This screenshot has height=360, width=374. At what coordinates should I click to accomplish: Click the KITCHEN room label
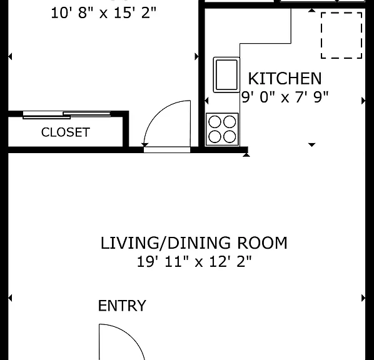(x=285, y=78)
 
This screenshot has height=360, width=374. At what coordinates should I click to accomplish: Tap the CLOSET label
(x=66, y=132)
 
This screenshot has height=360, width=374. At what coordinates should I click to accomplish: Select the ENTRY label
(x=122, y=306)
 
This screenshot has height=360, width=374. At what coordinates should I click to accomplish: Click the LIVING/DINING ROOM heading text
(x=194, y=243)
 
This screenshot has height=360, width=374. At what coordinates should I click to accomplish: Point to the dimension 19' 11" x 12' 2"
(x=194, y=261)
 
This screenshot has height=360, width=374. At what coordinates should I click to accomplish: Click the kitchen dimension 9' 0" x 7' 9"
(x=285, y=97)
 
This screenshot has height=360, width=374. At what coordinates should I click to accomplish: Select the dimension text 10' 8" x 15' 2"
(x=104, y=12)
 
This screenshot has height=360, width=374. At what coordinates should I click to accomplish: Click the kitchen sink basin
(x=226, y=74)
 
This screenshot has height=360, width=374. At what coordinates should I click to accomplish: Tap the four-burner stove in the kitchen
(x=222, y=129)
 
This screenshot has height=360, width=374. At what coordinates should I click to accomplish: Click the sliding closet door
(x=67, y=114)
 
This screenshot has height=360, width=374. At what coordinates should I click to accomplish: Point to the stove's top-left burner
(x=215, y=122)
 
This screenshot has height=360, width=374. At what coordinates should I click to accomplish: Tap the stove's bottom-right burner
(x=230, y=137)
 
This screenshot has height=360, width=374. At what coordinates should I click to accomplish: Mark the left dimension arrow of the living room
(x=10, y=298)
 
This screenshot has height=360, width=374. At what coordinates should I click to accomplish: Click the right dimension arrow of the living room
(x=363, y=298)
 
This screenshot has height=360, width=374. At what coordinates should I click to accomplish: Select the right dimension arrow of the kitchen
(x=363, y=101)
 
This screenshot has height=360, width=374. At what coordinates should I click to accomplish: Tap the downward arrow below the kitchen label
(x=311, y=145)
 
